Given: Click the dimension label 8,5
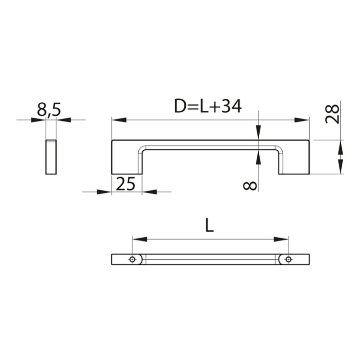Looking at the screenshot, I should pos(48,110).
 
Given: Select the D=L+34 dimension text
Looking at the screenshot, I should pos(208,107).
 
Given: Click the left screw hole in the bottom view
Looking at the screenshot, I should pos(132,260).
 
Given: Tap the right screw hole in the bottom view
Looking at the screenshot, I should pos(288,260).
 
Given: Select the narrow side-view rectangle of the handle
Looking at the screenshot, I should pos(51,157).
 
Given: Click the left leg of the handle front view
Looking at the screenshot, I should pos(127,161).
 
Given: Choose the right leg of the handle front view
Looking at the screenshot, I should pos(295,161).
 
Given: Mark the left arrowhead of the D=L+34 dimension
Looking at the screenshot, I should pos(118,120).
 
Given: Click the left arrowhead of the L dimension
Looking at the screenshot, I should pos(139,239).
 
